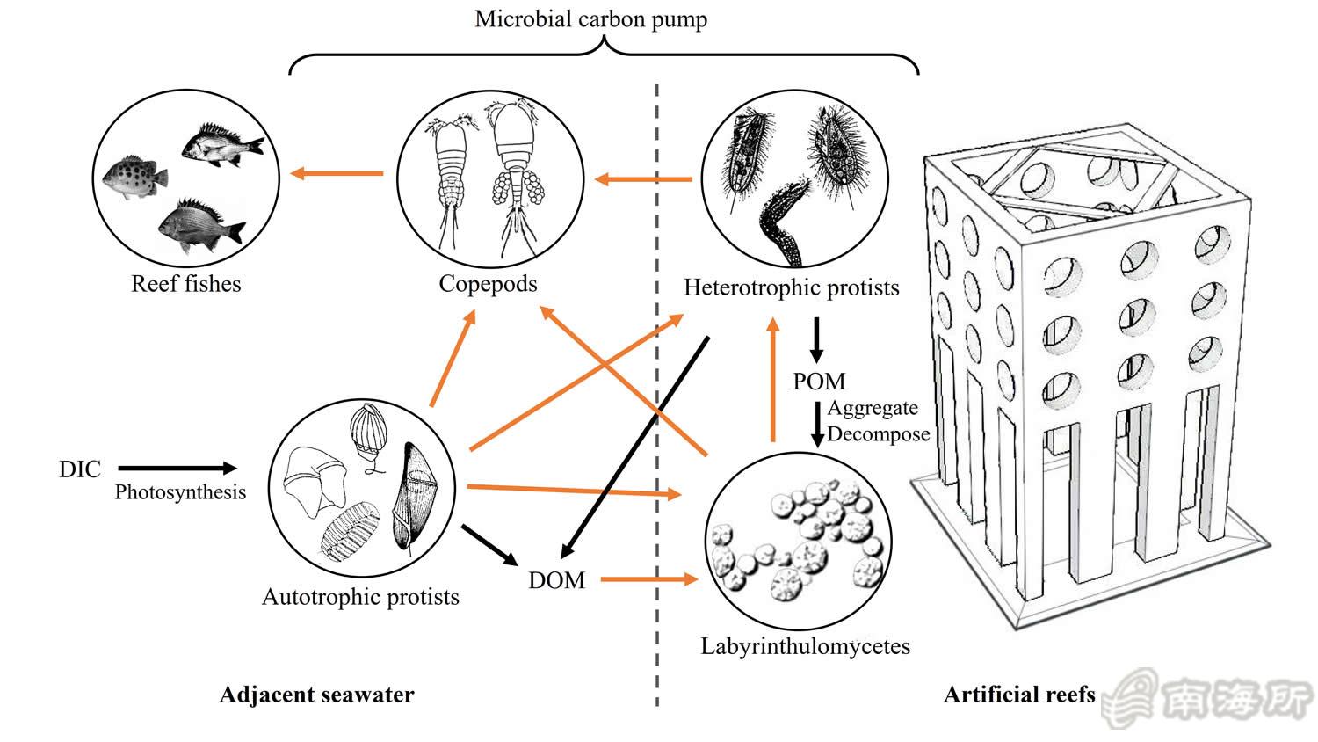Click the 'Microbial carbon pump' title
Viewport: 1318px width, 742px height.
pyautogui.click(x=590, y=19)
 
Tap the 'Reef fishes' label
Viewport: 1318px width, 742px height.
pyautogui.click(x=185, y=284)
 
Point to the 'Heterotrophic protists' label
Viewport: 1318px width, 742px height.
pyautogui.click(x=791, y=287)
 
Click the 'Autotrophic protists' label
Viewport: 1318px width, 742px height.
pyautogui.click(x=360, y=598)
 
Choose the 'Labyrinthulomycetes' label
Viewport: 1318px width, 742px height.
pyautogui.click(x=805, y=647)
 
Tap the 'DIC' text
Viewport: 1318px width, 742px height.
pyautogui.click(x=80, y=469)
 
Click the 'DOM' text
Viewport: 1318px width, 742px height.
pyautogui.click(x=556, y=580)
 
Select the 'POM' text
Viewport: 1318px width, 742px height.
pyautogui.click(x=819, y=382)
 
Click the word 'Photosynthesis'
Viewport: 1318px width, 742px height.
pyautogui.click(x=180, y=492)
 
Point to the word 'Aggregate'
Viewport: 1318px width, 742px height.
pyautogui.click(x=873, y=408)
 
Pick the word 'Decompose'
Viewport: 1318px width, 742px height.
pyautogui.click(x=878, y=434)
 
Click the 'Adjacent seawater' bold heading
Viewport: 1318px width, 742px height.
pyautogui.click(x=316, y=695)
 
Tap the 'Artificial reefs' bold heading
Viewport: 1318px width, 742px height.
pyautogui.click(x=1019, y=695)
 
